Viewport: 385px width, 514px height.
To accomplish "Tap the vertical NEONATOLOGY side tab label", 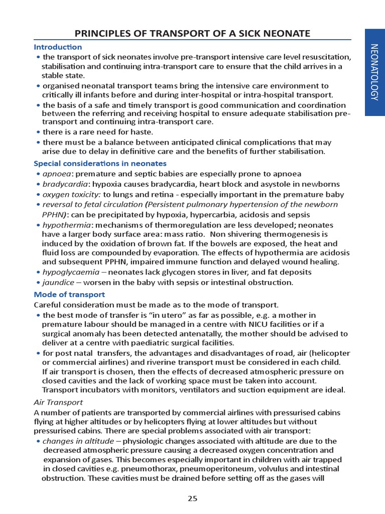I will tap(374, 72).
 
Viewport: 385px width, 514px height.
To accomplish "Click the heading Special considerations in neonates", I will tap(100, 164).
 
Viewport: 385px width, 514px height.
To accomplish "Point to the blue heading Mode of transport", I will tap(69, 295).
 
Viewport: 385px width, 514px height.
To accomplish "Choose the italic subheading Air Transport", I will tap(58, 403).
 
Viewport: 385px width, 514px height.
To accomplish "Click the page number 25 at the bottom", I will tap(192, 498).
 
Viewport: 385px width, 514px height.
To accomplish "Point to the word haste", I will tap(142, 132).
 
